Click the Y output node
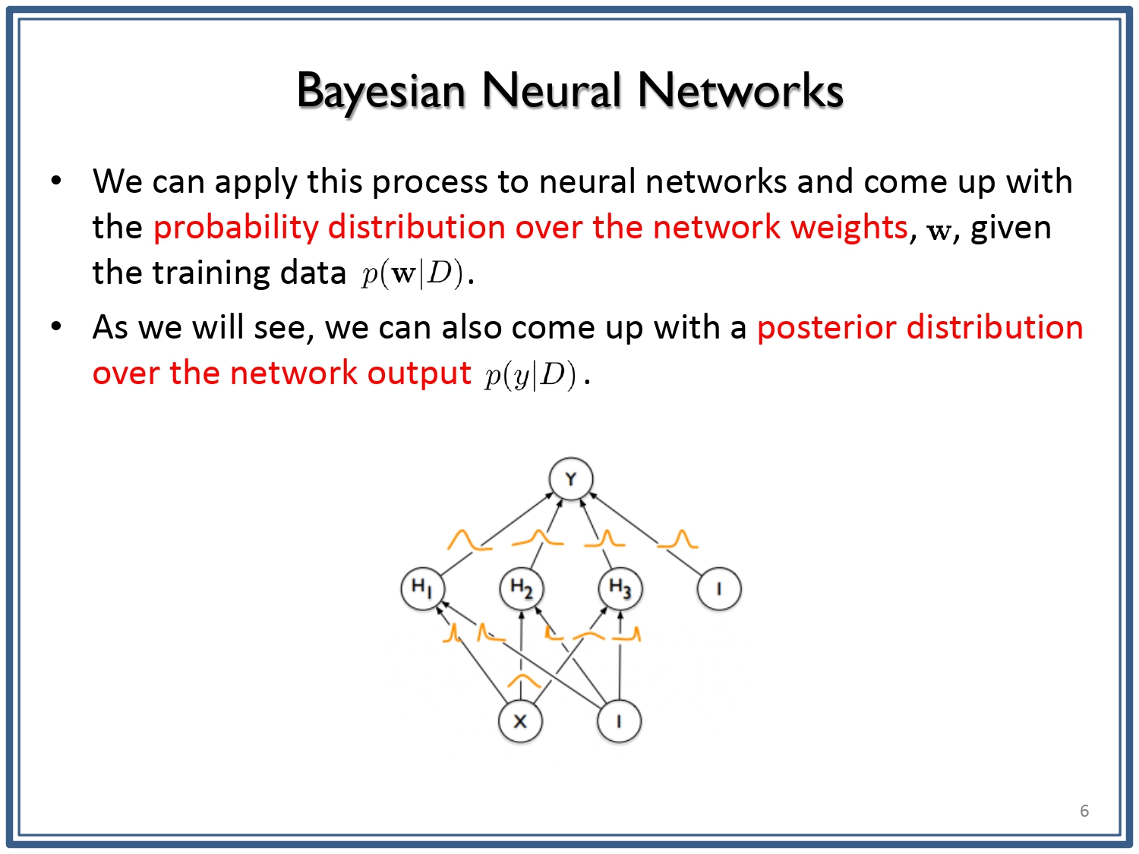(x=571, y=478)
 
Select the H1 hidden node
(x=423, y=588)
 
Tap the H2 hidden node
(x=522, y=588)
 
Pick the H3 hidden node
(x=620, y=588)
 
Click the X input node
(x=520, y=720)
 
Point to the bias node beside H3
(x=719, y=588)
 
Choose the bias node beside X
(x=619, y=720)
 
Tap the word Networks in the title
(x=740, y=91)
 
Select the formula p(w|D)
(x=412, y=273)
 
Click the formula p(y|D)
(x=530, y=374)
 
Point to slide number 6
(x=1084, y=811)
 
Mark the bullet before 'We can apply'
(x=56, y=181)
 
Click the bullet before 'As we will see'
(x=56, y=326)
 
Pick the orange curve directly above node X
(x=524, y=679)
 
